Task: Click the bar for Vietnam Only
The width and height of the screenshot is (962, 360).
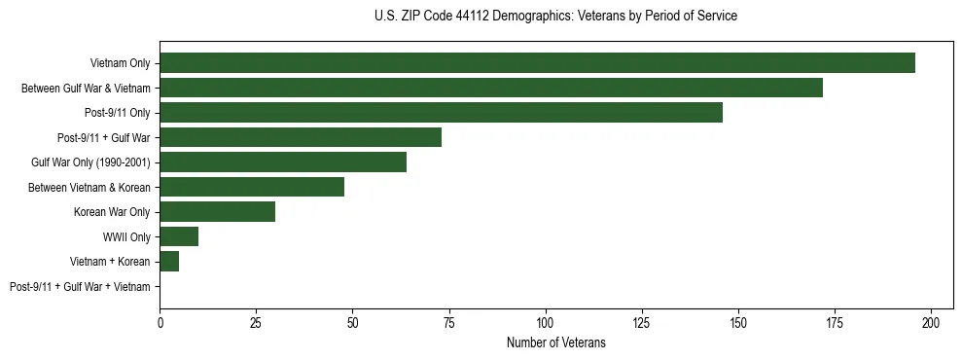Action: click(x=537, y=63)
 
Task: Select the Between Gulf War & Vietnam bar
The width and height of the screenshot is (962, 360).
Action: click(x=491, y=88)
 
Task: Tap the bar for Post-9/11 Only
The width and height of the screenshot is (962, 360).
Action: click(x=441, y=113)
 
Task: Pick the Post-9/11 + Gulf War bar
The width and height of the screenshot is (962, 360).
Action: click(x=301, y=137)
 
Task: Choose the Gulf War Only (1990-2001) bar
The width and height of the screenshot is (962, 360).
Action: click(x=283, y=162)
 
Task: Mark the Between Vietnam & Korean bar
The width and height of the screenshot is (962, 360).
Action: click(x=252, y=187)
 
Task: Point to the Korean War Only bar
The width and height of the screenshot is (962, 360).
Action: click(x=217, y=212)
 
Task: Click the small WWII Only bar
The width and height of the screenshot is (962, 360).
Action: click(x=179, y=236)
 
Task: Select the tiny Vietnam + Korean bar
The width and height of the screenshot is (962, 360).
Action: click(x=169, y=262)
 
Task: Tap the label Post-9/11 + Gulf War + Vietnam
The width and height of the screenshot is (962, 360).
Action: click(x=80, y=287)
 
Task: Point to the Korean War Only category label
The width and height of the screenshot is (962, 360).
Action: click(x=112, y=212)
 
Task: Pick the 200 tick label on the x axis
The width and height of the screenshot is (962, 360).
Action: click(x=931, y=322)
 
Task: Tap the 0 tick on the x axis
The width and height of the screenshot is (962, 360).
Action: click(x=160, y=322)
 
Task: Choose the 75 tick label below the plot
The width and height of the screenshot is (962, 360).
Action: click(x=449, y=322)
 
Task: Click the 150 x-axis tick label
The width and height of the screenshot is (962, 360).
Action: click(x=738, y=322)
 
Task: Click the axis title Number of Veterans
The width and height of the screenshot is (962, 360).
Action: click(x=555, y=342)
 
